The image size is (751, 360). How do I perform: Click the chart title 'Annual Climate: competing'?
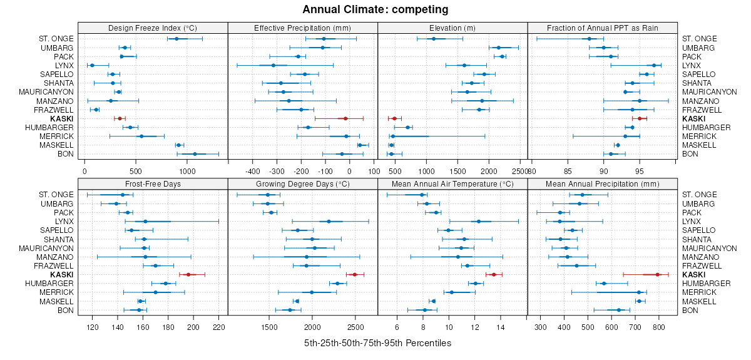[375, 9]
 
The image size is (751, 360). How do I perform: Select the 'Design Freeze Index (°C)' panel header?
[153, 28]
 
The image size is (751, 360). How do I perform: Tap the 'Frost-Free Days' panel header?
[153, 184]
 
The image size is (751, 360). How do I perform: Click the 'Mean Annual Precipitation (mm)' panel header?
[603, 184]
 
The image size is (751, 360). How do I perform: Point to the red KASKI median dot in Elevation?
[394, 118]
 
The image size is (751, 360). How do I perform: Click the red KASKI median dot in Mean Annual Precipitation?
[658, 274]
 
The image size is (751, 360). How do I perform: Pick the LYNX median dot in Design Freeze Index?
[92, 65]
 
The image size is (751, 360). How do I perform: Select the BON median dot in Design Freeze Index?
[195, 154]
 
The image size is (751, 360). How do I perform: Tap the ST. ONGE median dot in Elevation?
[434, 39]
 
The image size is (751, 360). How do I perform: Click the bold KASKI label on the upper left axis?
[63, 118]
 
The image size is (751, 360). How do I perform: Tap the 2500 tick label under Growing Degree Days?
[355, 327]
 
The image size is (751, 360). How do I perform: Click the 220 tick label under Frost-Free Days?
[219, 327]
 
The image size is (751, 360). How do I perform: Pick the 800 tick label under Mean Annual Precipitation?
[658, 327]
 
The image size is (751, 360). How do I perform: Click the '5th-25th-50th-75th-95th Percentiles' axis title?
[377, 343]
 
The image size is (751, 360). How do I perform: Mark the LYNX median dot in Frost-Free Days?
[145, 221]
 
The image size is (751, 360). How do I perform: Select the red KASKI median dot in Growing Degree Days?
[354, 274]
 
